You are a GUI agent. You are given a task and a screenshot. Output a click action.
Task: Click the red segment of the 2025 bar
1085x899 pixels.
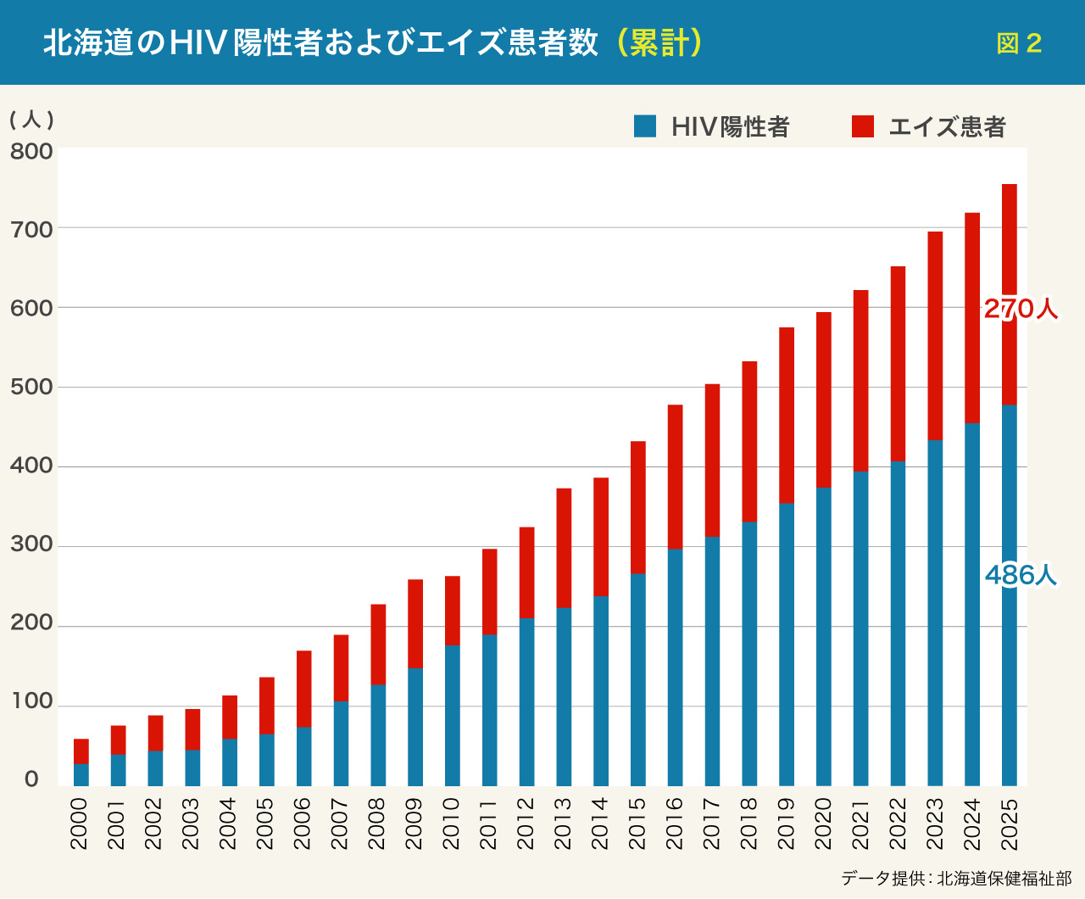point(1009,254)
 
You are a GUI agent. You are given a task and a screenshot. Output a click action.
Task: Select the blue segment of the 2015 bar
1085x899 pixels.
point(638,678)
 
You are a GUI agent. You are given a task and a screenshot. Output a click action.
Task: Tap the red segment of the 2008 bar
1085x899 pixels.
point(378,645)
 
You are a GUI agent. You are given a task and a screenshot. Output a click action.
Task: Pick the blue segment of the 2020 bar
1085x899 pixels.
point(824,636)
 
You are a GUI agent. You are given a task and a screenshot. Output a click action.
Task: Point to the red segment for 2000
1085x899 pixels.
point(81,751)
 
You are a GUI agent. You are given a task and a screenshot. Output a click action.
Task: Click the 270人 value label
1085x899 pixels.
point(1021,310)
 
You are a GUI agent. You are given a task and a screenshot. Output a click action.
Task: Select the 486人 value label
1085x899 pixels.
point(1021,576)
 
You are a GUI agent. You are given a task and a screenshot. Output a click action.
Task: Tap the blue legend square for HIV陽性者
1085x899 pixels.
point(645,126)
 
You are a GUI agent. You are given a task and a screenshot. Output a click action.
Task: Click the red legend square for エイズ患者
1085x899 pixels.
point(863,126)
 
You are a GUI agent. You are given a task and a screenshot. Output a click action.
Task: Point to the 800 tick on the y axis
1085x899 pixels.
point(31,152)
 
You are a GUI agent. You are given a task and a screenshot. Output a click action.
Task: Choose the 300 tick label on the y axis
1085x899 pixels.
point(31,545)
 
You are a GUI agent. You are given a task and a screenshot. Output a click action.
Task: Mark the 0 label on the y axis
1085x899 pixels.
point(31,779)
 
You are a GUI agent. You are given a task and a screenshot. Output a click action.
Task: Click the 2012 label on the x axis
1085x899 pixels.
point(526,823)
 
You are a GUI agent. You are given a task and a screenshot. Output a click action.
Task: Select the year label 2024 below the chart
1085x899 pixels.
point(972,823)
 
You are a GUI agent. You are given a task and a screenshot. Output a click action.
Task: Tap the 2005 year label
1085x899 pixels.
point(266,823)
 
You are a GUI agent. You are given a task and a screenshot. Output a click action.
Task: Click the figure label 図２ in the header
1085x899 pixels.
point(1019,43)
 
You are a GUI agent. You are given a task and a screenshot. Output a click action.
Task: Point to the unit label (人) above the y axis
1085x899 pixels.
point(31,120)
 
